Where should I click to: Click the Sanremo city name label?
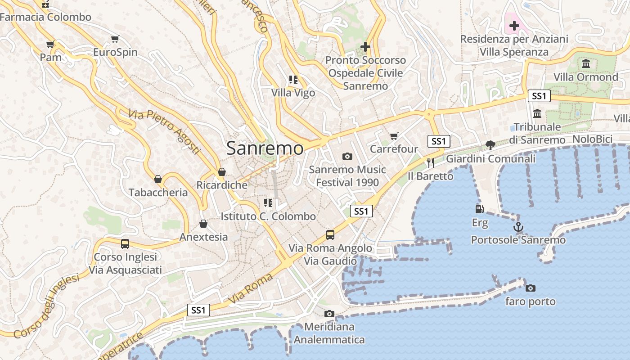point(265,148)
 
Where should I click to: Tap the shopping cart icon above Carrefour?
point(394,136)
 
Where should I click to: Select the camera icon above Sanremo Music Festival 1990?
point(347,156)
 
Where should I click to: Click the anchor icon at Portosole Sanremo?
point(518,227)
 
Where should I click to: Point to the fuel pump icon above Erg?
point(480,209)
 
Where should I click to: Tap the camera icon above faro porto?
point(531,288)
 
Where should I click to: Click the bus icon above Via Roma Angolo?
point(330,235)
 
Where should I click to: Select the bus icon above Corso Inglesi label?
point(125,244)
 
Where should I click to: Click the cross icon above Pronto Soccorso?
point(365,46)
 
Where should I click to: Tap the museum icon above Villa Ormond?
point(585,63)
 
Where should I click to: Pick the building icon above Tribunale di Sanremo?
point(537,113)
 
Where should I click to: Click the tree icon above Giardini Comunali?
point(490,145)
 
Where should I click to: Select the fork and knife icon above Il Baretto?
point(431,162)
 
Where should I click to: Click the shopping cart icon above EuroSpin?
point(115,39)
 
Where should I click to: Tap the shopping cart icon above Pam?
point(50,44)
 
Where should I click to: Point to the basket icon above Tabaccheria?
point(158,179)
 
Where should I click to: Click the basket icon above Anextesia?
point(203,224)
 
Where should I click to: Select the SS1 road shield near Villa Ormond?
point(539,96)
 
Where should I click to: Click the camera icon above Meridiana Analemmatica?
point(329,314)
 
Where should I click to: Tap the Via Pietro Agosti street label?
point(164,131)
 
